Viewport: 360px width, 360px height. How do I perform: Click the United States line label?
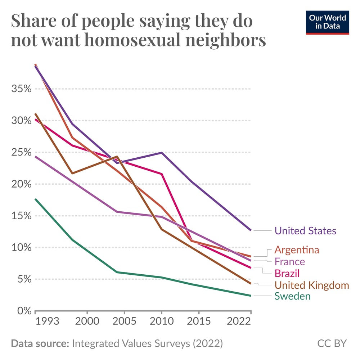305,231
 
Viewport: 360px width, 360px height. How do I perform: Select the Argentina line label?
297,249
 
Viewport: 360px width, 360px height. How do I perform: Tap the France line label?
289,261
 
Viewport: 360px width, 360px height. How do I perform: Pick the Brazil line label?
287,273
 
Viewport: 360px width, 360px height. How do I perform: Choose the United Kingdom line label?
312,285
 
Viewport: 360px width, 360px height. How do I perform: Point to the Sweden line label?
292,296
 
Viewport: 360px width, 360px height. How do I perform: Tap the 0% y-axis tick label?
24,311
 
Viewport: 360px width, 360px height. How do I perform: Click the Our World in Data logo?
328,22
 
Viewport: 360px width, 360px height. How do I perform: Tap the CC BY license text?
332,343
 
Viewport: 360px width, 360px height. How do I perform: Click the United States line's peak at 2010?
161,153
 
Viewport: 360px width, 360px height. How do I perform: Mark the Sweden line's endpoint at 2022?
251,296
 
